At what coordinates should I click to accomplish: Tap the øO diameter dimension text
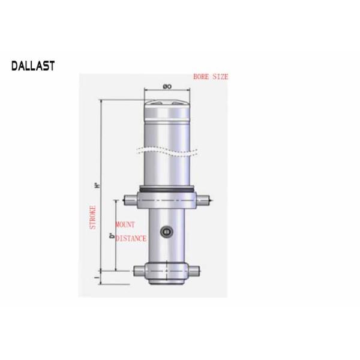pos(167,88)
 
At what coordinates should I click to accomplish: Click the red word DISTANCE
pos(131,238)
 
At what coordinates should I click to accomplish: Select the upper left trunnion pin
pos(127,200)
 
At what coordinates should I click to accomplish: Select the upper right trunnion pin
pos(205,200)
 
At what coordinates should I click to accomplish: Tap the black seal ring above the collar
pos(167,191)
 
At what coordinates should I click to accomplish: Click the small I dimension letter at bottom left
pos(96,277)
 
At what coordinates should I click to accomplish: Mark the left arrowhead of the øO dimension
pos(146,91)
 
